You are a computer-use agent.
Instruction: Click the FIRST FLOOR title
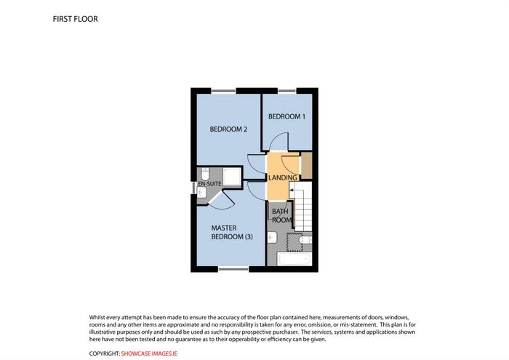75,19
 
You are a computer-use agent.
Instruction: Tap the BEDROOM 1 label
286,116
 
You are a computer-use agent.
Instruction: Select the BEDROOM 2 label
228,129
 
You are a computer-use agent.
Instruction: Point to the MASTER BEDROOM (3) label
232,233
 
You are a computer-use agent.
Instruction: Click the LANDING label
282,178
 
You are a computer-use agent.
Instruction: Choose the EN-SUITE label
209,184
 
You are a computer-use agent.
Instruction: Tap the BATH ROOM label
281,215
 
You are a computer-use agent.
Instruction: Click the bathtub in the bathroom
294,259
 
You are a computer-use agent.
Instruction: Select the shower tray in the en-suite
232,177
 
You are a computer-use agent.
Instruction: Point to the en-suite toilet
205,174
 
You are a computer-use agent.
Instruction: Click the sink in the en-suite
202,193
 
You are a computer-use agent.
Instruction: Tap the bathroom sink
273,238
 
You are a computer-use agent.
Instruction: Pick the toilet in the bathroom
305,240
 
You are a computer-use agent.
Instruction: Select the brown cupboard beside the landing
307,165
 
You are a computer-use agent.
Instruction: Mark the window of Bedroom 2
224,91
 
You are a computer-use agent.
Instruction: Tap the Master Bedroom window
233,269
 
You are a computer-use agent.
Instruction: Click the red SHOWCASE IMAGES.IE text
149,353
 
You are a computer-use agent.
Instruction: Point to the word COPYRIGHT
105,353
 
